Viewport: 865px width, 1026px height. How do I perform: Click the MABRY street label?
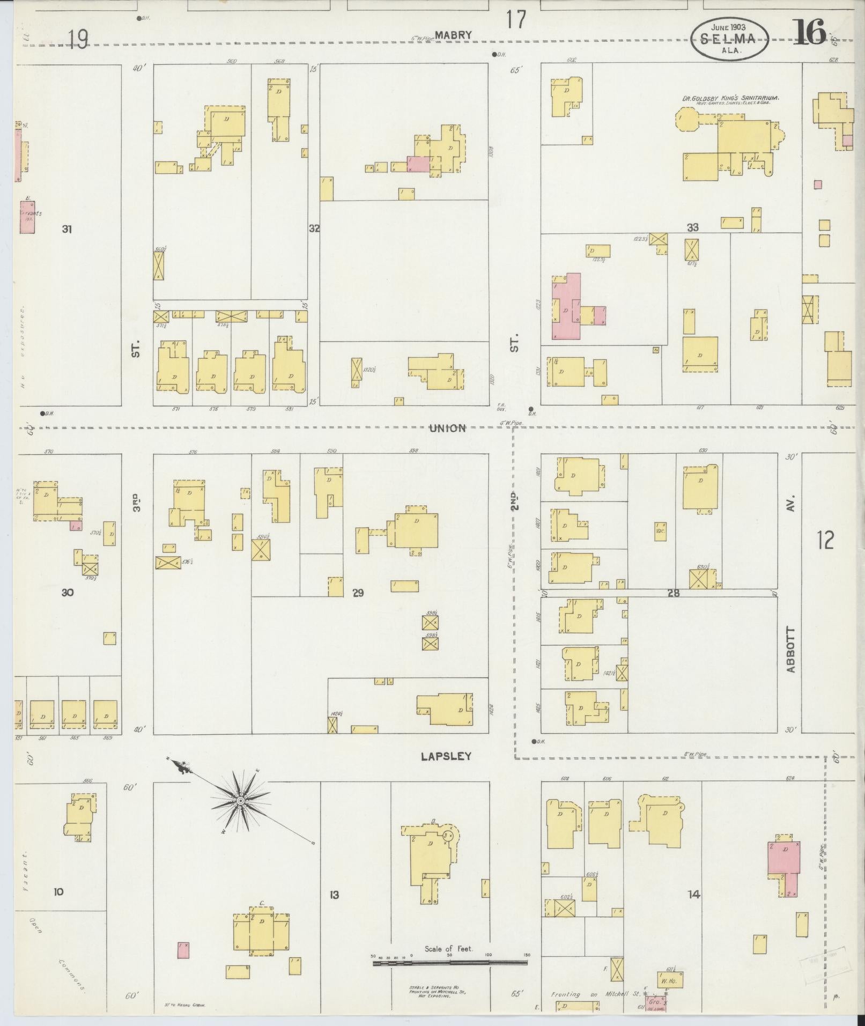click(453, 35)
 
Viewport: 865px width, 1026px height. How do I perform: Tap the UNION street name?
click(447, 428)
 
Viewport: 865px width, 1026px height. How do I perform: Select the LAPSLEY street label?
click(446, 756)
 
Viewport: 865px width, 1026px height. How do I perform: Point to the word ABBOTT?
click(791, 649)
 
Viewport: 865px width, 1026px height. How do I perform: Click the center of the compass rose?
click(241, 801)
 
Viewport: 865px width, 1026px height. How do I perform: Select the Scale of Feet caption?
click(449, 949)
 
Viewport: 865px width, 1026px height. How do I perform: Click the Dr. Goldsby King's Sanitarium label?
click(730, 99)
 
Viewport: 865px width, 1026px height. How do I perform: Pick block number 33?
click(693, 227)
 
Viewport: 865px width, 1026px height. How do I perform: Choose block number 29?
click(358, 593)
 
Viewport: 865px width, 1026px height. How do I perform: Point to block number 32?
click(314, 228)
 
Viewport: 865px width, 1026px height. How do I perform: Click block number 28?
click(674, 593)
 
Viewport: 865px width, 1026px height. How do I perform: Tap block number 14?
click(694, 894)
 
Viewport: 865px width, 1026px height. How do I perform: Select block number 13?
click(334, 894)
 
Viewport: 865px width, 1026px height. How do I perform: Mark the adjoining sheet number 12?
click(826, 540)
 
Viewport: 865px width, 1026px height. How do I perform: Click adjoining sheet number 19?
click(78, 39)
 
